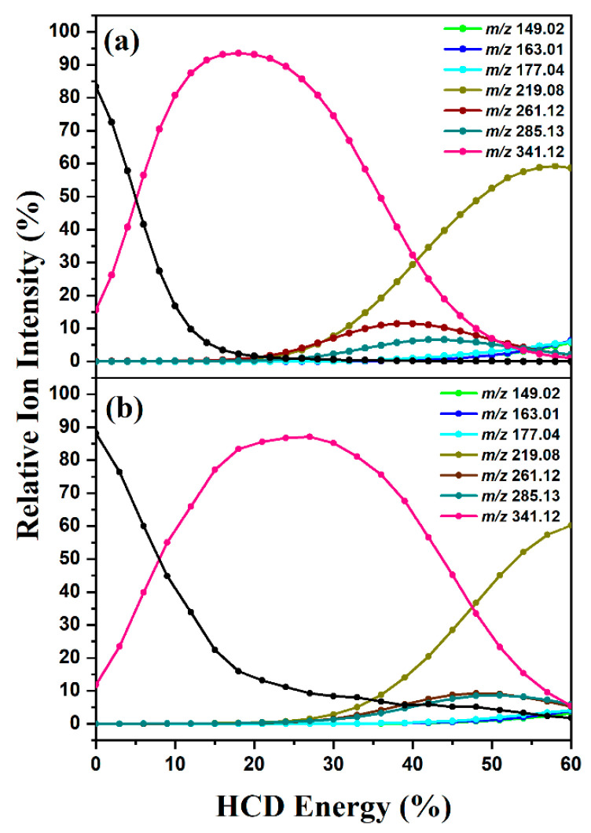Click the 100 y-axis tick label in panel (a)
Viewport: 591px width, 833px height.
tap(67, 31)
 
